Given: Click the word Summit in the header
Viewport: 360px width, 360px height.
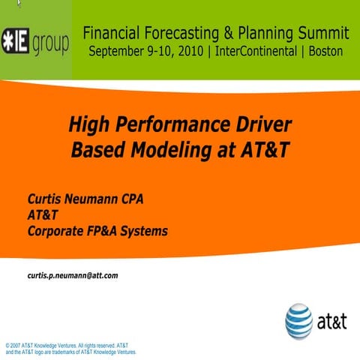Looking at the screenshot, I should pyautogui.click(x=323, y=33).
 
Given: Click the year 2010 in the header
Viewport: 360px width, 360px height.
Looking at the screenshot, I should pyautogui.click(x=187, y=51).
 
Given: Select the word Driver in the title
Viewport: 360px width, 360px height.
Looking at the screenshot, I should pyautogui.click(x=259, y=124).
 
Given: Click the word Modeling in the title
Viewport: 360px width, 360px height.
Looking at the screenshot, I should pyautogui.click(x=175, y=149).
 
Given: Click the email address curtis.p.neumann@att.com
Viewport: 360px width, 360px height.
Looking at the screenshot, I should pyautogui.click(x=73, y=275).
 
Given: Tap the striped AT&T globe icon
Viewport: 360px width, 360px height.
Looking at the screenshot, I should pyautogui.click(x=298, y=321).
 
